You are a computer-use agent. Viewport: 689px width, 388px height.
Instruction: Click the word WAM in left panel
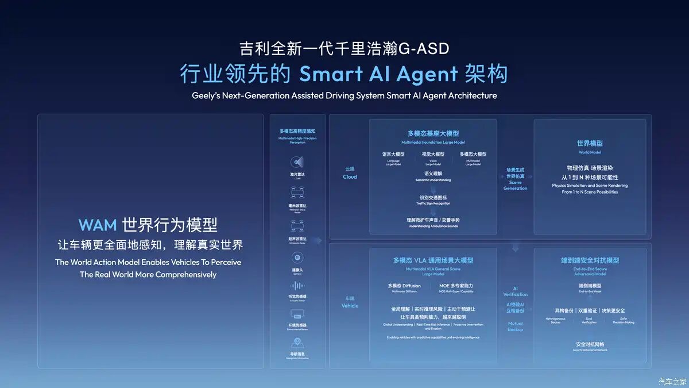(x=98, y=224)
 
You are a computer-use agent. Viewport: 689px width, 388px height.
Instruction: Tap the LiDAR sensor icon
(x=297, y=162)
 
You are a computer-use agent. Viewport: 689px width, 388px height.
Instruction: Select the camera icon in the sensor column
(x=297, y=257)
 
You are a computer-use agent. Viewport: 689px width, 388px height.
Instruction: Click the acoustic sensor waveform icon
(x=297, y=286)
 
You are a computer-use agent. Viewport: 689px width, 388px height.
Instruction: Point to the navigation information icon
(x=297, y=343)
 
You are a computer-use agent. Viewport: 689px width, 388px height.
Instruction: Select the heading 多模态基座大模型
(x=433, y=133)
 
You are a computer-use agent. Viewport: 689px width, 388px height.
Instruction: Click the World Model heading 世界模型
(x=590, y=143)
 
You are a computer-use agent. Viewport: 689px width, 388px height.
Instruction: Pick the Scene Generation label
(x=515, y=185)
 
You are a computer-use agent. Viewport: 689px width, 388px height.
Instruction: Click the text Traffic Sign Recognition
(x=433, y=203)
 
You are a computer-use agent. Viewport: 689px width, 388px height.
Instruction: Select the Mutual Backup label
(x=515, y=326)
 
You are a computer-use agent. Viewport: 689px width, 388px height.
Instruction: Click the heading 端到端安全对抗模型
(x=590, y=260)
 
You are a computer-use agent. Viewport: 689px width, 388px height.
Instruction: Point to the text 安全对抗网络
(x=590, y=344)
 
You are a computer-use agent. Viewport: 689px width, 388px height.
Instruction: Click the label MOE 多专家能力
(x=456, y=286)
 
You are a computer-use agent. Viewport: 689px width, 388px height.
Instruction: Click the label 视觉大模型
(x=433, y=154)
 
